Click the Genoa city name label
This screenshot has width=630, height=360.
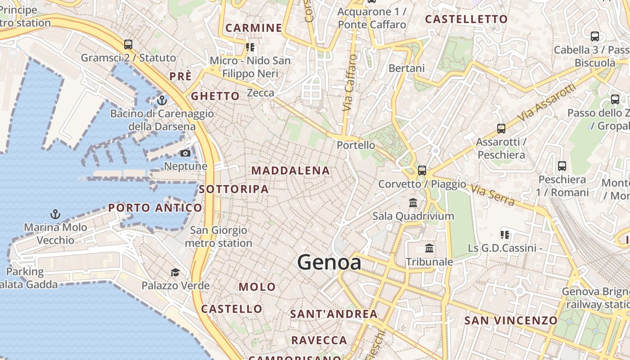(x=329, y=262)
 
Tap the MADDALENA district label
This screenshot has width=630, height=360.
(x=290, y=171)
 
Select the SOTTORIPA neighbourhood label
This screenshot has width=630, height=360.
(x=234, y=189)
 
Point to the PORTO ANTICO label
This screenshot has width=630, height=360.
(x=155, y=208)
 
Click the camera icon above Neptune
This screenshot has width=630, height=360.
(x=185, y=153)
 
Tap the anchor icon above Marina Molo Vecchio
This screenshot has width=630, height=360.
(x=55, y=214)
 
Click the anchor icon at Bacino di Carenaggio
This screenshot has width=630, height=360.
(x=162, y=100)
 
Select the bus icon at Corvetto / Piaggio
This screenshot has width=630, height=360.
(x=422, y=171)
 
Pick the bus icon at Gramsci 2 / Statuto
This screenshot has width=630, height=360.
(x=128, y=45)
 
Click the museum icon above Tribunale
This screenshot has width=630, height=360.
(x=429, y=248)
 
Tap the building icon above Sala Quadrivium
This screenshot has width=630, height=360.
(x=413, y=202)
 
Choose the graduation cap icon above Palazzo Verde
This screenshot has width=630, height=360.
(x=175, y=272)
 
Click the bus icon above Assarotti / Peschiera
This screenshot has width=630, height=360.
(x=501, y=129)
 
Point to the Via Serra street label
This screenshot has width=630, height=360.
(x=494, y=194)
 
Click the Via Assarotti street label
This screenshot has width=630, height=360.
(x=546, y=102)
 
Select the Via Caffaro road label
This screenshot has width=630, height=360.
(x=350, y=83)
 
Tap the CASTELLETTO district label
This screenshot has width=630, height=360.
(x=466, y=19)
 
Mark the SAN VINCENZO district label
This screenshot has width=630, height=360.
(x=511, y=320)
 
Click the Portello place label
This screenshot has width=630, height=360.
(x=356, y=145)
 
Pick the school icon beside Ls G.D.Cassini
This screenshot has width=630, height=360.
(x=505, y=234)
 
